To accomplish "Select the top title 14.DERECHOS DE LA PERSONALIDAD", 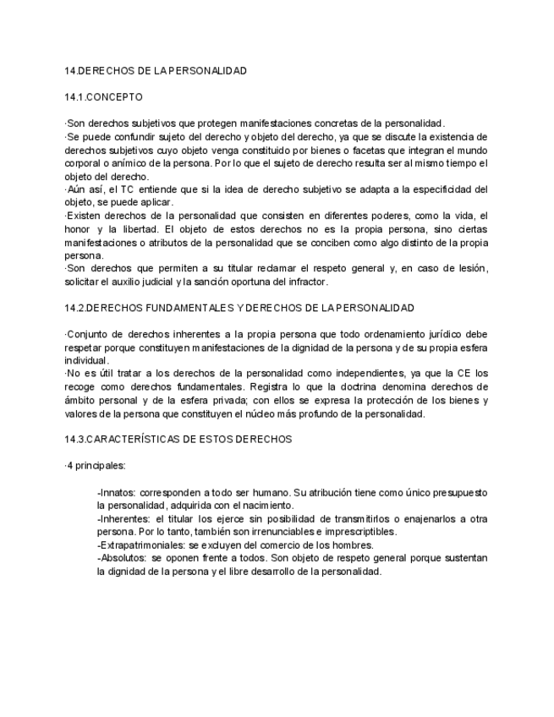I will [x=156, y=70].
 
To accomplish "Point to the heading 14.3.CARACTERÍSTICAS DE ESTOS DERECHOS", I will [x=178, y=439].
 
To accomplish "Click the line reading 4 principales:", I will [x=95, y=466].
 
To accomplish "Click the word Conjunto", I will [x=89, y=334].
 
